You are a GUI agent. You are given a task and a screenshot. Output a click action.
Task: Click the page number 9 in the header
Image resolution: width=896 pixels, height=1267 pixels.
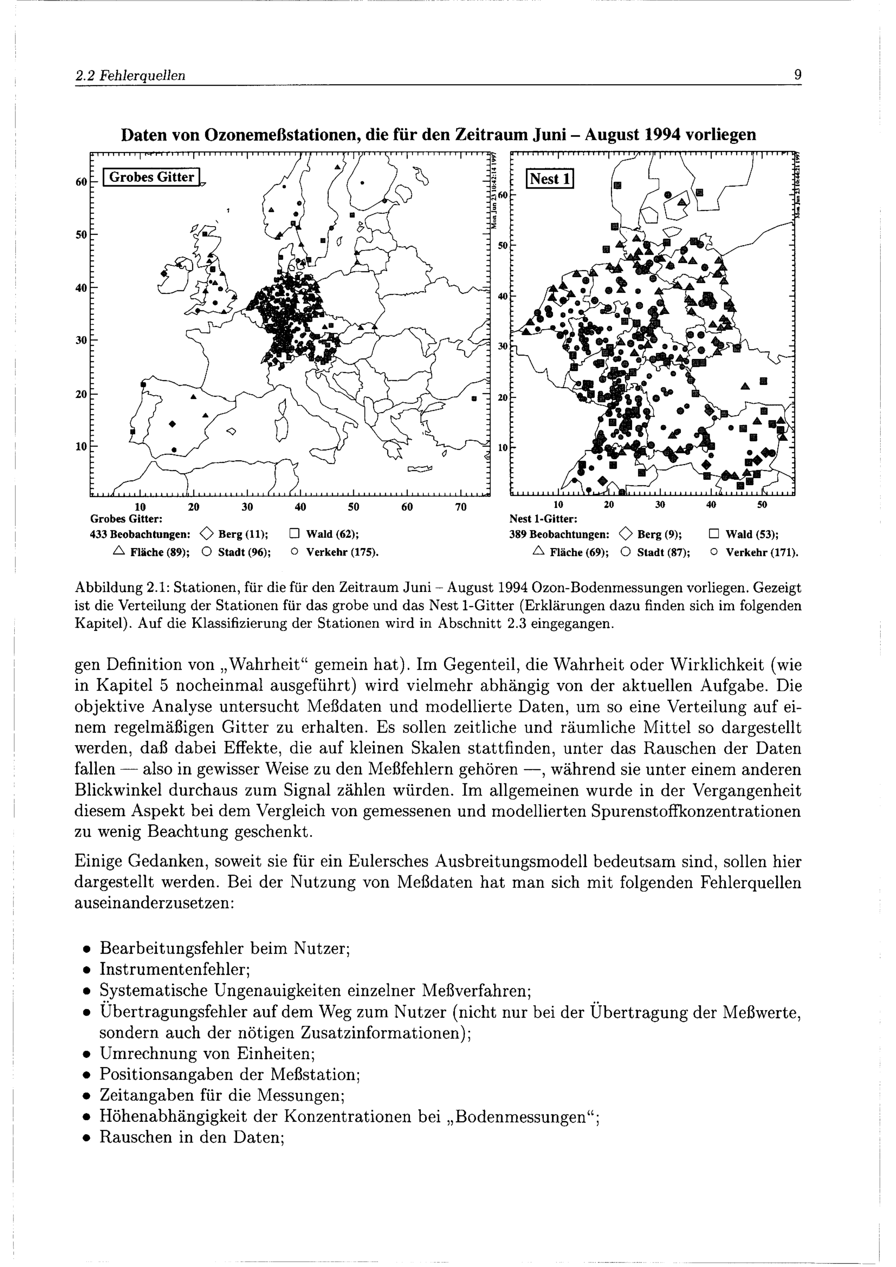tap(797, 75)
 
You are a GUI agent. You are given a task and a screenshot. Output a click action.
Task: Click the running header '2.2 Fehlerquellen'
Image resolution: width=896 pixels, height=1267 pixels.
tap(130, 76)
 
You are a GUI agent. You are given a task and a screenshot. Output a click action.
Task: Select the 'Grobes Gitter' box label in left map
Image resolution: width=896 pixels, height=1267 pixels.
tap(152, 177)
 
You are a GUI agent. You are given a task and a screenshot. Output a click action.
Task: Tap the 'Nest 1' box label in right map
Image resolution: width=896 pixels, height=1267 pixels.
tap(550, 179)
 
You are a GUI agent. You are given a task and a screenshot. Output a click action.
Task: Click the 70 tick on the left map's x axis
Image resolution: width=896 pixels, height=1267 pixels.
tap(460, 507)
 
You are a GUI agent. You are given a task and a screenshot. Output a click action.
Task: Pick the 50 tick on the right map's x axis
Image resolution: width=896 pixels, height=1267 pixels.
tap(762, 505)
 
